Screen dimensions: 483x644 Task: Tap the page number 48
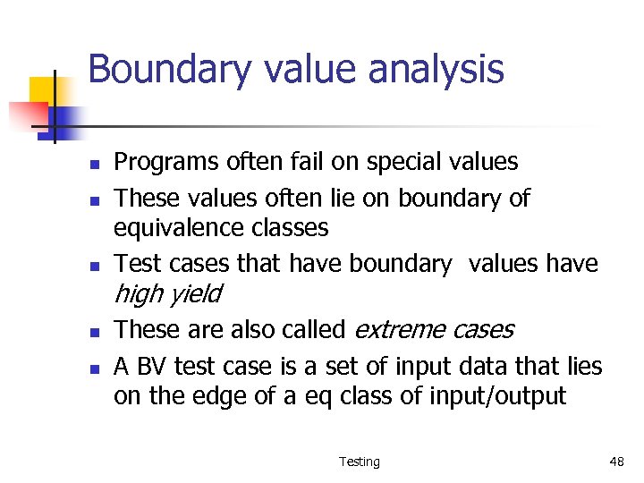[616, 462]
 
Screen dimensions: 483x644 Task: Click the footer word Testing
[359, 462]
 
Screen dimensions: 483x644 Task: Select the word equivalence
[167, 228]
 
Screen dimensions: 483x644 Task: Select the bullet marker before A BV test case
[92, 368]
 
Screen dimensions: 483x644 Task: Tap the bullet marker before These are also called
[92, 332]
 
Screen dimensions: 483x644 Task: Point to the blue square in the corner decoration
[64, 119]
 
